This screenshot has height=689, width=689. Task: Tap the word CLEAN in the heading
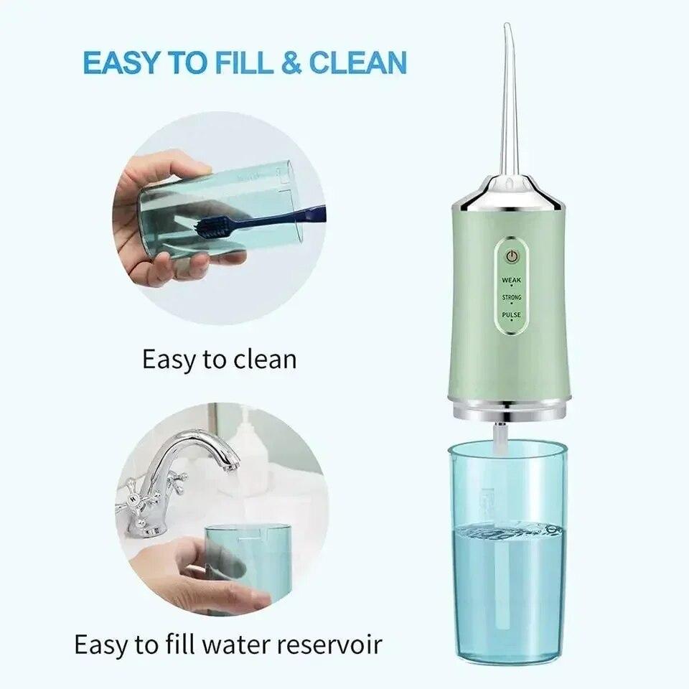[x=357, y=63]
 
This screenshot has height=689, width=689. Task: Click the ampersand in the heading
[x=290, y=63]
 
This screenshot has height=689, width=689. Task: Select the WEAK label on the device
[x=512, y=280]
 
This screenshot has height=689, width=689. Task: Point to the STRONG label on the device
[x=512, y=297]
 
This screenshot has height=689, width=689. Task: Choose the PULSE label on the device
[x=512, y=315]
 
